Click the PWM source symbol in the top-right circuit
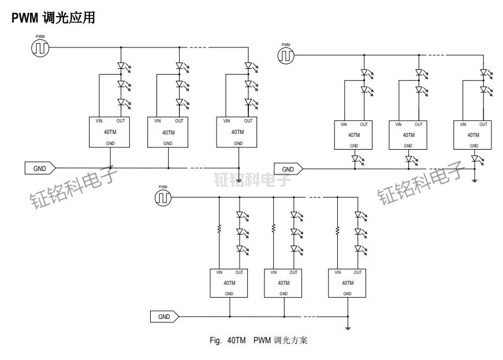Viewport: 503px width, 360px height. pyautogui.click(x=286, y=55)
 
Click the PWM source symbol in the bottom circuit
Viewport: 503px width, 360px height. pyautogui.click(x=163, y=198)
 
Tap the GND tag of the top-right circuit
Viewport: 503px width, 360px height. pyautogui.click(x=288, y=169)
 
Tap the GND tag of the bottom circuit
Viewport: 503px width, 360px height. pyautogui.click(x=164, y=317)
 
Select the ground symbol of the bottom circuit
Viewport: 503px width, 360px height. pyautogui.click(x=348, y=327)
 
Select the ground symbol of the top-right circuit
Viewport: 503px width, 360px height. pyautogui.click(x=474, y=180)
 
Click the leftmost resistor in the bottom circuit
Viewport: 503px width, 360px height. pyautogui.click(x=219, y=229)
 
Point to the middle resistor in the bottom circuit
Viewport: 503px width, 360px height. pyautogui.click(x=273, y=229)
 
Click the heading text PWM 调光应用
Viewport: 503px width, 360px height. pyautogui.click(x=53, y=18)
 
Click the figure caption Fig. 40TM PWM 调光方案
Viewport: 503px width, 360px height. pyautogui.click(x=258, y=341)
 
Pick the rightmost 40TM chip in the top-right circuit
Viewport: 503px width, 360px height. pyautogui.click(x=472, y=135)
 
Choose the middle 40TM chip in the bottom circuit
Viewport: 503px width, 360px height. pyautogui.click(x=283, y=283)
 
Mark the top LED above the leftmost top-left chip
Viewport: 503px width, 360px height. pyautogui.click(x=121, y=66)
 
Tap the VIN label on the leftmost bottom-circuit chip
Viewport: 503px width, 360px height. pyautogui.click(x=219, y=272)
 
